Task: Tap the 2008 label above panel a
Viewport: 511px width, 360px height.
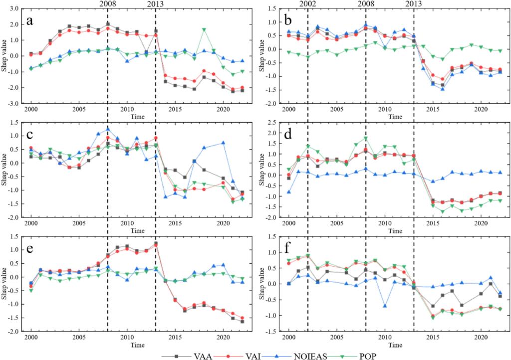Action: (108, 4)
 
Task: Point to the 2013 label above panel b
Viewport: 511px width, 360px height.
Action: (413, 4)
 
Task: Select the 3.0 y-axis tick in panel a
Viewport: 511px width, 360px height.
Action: (16, 8)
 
